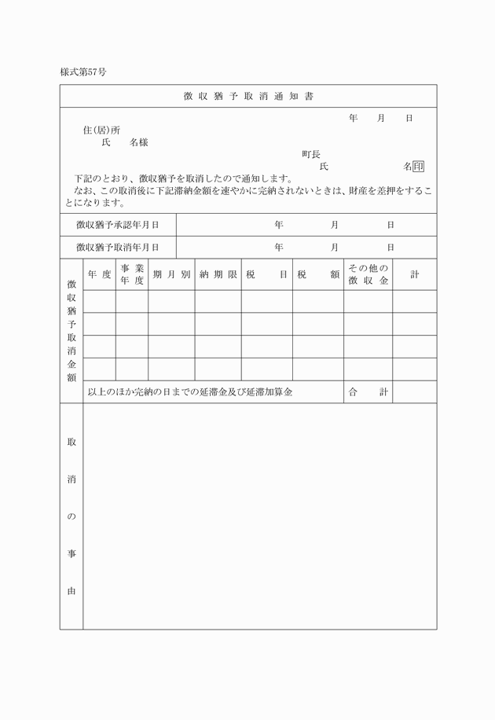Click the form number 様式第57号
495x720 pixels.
point(82,72)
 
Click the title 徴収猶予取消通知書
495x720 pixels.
point(247,96)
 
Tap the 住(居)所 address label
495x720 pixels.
point(101,130)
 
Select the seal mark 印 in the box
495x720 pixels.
point(419,167)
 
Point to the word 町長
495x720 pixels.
point(311,154)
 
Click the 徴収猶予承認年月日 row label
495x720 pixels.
point(118,225)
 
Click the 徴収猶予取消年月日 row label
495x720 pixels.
point(118,247)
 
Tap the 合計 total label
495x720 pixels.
point(368,391)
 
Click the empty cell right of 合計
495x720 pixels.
point(414,391)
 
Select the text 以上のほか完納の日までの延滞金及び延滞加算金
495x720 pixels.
point(190,391)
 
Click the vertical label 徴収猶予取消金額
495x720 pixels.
point(71,331)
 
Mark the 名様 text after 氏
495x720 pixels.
point(139,142)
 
